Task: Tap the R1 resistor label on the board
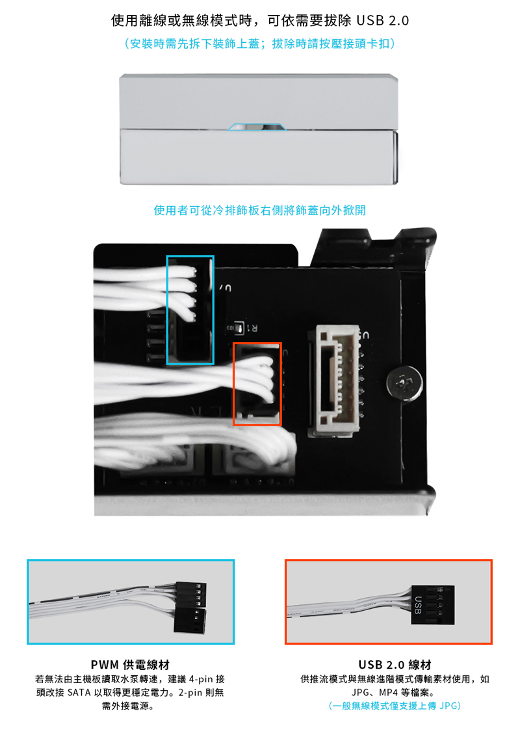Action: (x=252, y=328)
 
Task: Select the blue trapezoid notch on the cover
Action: (x=257, y=127)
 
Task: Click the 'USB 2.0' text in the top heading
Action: (x=382, y=21)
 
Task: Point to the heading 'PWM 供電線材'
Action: (x=130, y=664)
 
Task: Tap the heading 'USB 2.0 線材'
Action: (x=395, y=664)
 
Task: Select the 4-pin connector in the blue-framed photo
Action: (x=191, y=594)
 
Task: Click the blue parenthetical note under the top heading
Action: (x=259, y=44)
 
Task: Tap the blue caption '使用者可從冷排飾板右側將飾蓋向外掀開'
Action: (x=260, y=211)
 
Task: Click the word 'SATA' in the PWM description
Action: (x=79, y=692)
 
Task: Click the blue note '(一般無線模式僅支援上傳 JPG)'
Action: (x=395, y=706)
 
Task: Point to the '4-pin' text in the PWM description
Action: (x=201, y=679)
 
